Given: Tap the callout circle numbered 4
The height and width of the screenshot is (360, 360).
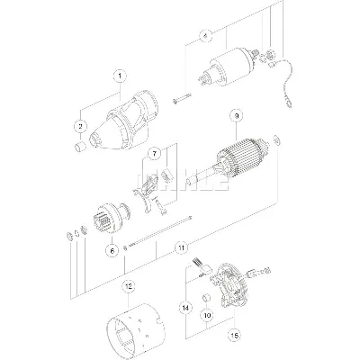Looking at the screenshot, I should click(x=206, y=37).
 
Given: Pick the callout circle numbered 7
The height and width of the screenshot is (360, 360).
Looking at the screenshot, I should click(x=155, y=153).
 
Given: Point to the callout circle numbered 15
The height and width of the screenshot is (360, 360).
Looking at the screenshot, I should click(x=236, y=337).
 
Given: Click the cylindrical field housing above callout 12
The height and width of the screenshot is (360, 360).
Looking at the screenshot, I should click(x=134, y=329).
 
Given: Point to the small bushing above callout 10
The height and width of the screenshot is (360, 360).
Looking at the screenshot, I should click(x=205, y=296).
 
